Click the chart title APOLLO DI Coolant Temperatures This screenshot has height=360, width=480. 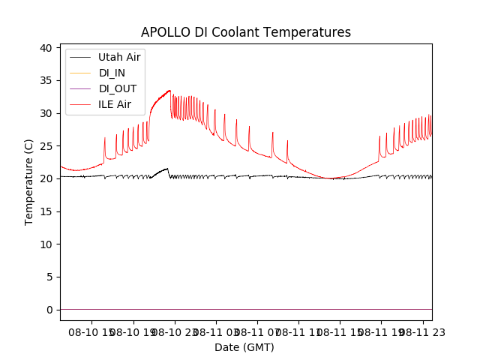246,32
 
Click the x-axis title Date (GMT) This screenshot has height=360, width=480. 244,347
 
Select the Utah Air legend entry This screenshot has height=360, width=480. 118,57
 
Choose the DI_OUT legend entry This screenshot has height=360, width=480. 117,88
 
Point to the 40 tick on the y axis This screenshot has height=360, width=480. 46,48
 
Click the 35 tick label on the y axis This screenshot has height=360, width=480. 46,80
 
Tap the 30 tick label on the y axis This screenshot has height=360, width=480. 46,113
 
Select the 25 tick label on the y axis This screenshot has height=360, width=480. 46,146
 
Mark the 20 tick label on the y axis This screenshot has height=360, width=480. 46,178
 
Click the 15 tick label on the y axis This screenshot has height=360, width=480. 46,211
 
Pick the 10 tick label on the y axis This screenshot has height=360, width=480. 46,244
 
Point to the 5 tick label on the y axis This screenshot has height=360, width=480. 49,277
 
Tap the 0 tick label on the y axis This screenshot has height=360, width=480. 49,310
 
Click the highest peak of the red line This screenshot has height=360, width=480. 169,91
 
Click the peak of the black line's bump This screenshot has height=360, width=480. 166,169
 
